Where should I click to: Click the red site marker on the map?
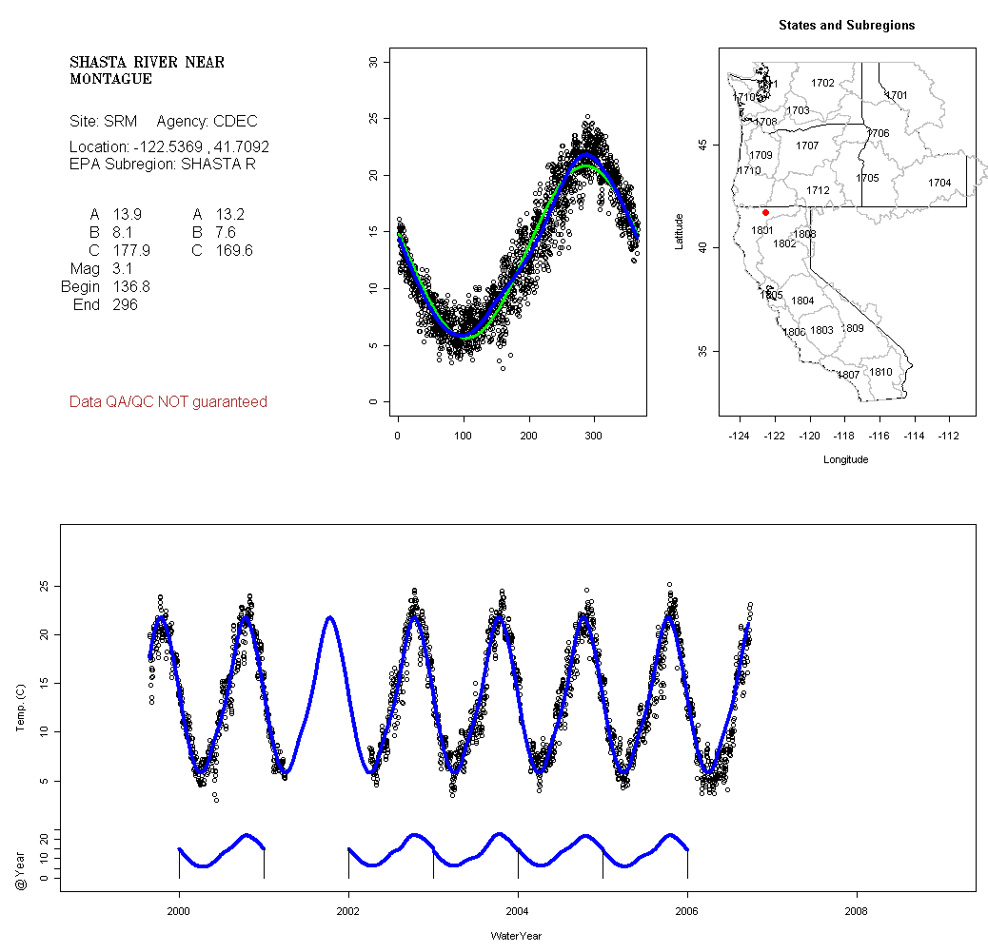(x=765, y=212)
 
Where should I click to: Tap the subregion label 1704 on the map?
(x=939, y=183)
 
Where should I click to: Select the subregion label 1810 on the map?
(x=881, y=372)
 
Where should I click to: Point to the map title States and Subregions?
(x=846, y=26)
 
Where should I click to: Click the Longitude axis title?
(x=845, y=459)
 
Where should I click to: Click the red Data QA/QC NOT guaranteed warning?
(x=168, y=402)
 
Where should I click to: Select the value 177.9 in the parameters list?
(x=131, y=250)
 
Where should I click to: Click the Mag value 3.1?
(x=123, y=269)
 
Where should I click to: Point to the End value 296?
(x=125, y=305)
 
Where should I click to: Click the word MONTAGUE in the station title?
(x=110, y=79)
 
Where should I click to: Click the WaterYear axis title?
(x=516, y=936)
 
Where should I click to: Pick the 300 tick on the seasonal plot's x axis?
(x=593, y=435)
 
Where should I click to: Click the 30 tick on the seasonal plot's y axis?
(x=373, y=62)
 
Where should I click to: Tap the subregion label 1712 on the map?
(x=818, y=190)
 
